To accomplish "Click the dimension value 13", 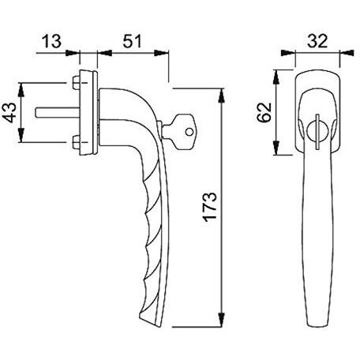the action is [51, 41].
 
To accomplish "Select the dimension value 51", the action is [132, 41].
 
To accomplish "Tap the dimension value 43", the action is [11, 113].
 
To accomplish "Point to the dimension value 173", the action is [210, 207].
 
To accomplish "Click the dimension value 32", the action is [317, 41].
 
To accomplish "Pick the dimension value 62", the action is [264, 112].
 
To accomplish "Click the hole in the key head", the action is [189, 132].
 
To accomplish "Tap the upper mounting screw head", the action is [76, 83].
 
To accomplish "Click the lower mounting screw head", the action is [76, 142].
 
